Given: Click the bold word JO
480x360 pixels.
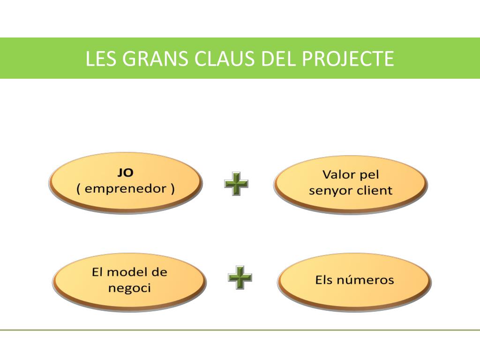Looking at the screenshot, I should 125,172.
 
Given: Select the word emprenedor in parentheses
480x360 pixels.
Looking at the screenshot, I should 126,189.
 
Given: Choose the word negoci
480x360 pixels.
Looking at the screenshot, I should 130,288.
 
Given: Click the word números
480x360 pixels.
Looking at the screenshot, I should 368,280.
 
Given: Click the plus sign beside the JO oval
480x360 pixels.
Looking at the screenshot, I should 236,184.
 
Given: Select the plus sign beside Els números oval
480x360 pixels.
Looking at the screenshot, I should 240,278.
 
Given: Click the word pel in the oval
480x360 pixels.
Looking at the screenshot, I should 369,175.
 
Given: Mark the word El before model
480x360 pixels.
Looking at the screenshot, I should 97,272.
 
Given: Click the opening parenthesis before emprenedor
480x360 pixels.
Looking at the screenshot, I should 79,189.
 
